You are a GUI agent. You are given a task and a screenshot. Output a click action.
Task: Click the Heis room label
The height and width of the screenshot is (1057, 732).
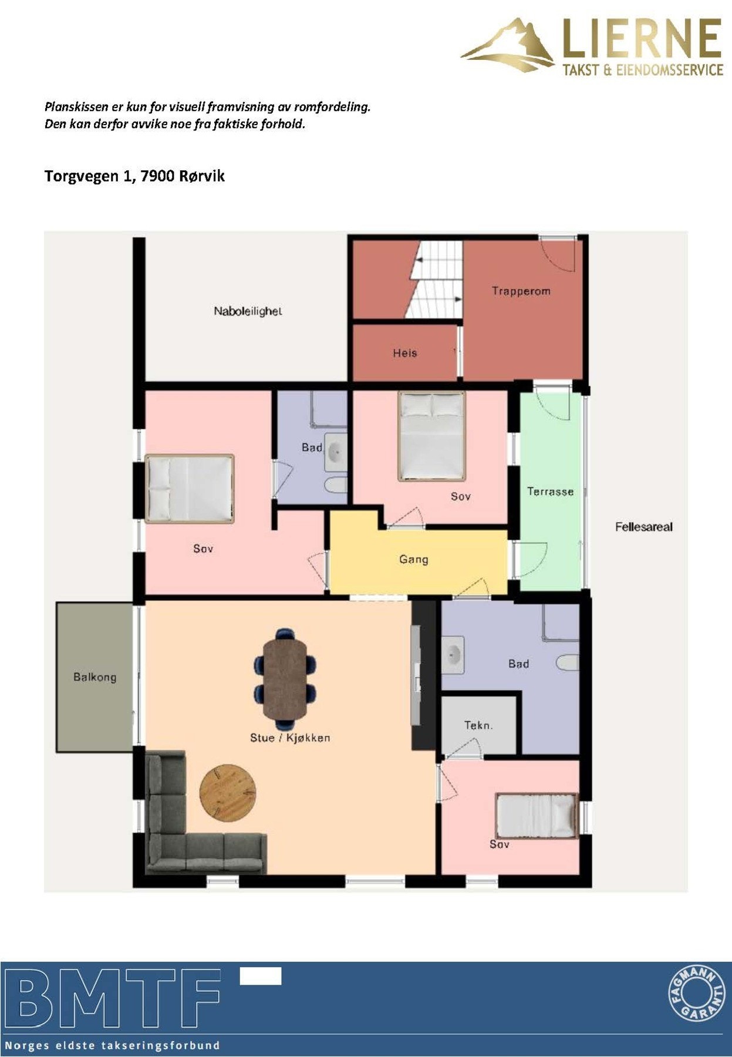pos(404,353)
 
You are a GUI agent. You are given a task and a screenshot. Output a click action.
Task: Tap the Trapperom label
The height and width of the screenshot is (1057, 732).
pos(521,291)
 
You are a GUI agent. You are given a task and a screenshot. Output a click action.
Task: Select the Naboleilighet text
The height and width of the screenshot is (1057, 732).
pos(247,311)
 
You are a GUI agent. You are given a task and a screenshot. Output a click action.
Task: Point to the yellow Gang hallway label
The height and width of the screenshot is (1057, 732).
pos(413,559)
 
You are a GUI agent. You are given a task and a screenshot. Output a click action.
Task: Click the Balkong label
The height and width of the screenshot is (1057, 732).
pos(95,676)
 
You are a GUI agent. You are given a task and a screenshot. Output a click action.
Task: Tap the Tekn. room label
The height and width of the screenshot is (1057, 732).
pos(478,725)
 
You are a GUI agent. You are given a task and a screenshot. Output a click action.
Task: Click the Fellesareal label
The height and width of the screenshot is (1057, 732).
pos(643,527)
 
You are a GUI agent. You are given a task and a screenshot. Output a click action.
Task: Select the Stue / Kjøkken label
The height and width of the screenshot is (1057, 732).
pos(290,738)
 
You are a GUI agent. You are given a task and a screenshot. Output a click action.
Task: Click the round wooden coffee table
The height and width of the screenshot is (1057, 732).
pos(228,792)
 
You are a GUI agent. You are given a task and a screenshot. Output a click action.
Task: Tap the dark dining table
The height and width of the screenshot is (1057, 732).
pos(285,678)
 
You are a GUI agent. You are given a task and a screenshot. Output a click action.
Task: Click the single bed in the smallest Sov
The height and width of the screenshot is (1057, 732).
pos(535,816)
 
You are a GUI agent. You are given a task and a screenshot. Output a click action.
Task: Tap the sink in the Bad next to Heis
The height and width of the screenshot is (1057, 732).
pos(336,452)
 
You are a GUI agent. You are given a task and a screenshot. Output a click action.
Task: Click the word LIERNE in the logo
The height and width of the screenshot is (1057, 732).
pos(642,39)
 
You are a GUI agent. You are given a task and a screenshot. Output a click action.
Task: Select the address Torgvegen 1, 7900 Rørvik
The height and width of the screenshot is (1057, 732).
pos(134,176)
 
